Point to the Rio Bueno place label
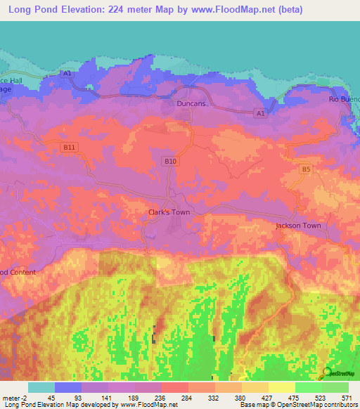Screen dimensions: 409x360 345,99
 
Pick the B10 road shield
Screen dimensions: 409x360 169,161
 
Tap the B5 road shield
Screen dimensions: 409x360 305,169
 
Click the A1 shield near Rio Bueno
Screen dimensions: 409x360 260,112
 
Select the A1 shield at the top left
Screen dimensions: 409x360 67,73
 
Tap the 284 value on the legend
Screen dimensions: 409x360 188,397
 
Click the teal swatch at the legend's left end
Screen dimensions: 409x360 41,387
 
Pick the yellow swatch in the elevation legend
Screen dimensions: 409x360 281,387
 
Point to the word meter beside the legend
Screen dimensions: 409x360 11,397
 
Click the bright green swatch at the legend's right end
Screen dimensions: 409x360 335,387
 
